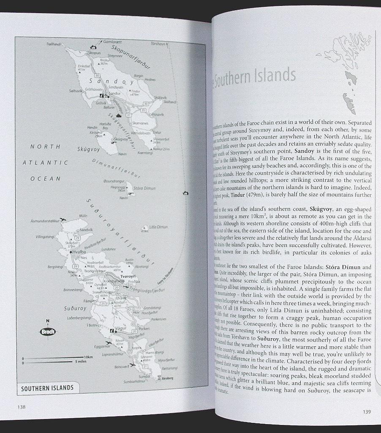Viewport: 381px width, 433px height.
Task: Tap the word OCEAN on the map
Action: point(45,178)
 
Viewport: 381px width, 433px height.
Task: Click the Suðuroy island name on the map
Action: point(75,309)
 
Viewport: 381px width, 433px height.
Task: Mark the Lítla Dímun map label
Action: point(159,227)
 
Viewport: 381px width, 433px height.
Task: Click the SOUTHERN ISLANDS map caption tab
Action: point(48,388)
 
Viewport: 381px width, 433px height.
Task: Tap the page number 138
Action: point(21,407)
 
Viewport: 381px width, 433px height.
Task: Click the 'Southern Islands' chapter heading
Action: point(255,76)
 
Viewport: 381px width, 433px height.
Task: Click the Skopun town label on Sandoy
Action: point(95,53)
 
